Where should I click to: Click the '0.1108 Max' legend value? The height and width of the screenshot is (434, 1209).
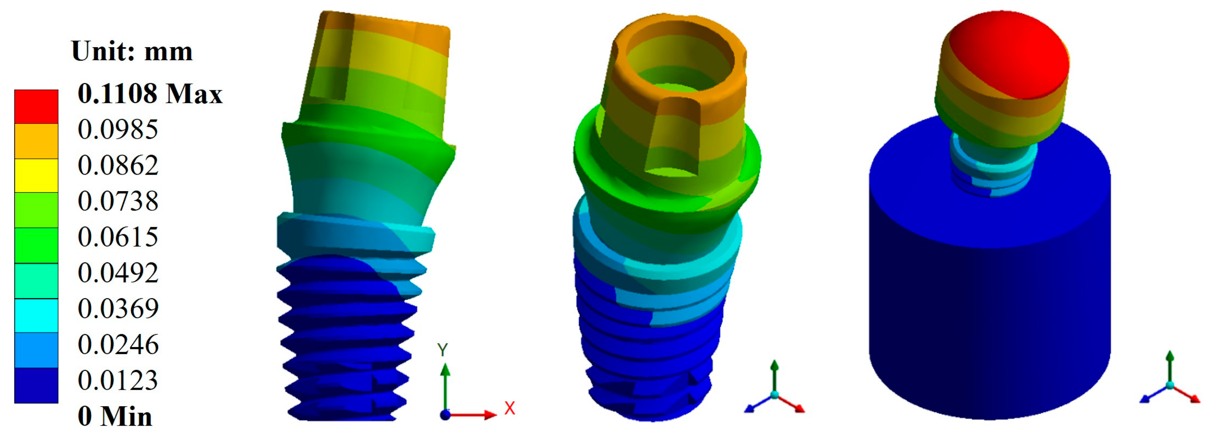[x=150, y=94]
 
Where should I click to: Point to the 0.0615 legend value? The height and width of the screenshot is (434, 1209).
[x=118, y=237]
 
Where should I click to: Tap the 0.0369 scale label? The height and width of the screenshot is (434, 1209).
[x=118, y=309]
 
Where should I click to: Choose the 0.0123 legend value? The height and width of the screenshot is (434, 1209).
[x=118, y=380]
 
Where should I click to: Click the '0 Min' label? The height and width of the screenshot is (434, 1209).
[x=115, y=416]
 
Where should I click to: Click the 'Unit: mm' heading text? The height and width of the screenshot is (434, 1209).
[x=132, y=51]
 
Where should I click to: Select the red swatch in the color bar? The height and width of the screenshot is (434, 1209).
[x=36, y=107]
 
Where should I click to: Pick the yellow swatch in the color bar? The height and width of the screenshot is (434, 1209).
[x=36, y=176]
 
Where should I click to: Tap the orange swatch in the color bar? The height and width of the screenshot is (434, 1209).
[x=36, y=141]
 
